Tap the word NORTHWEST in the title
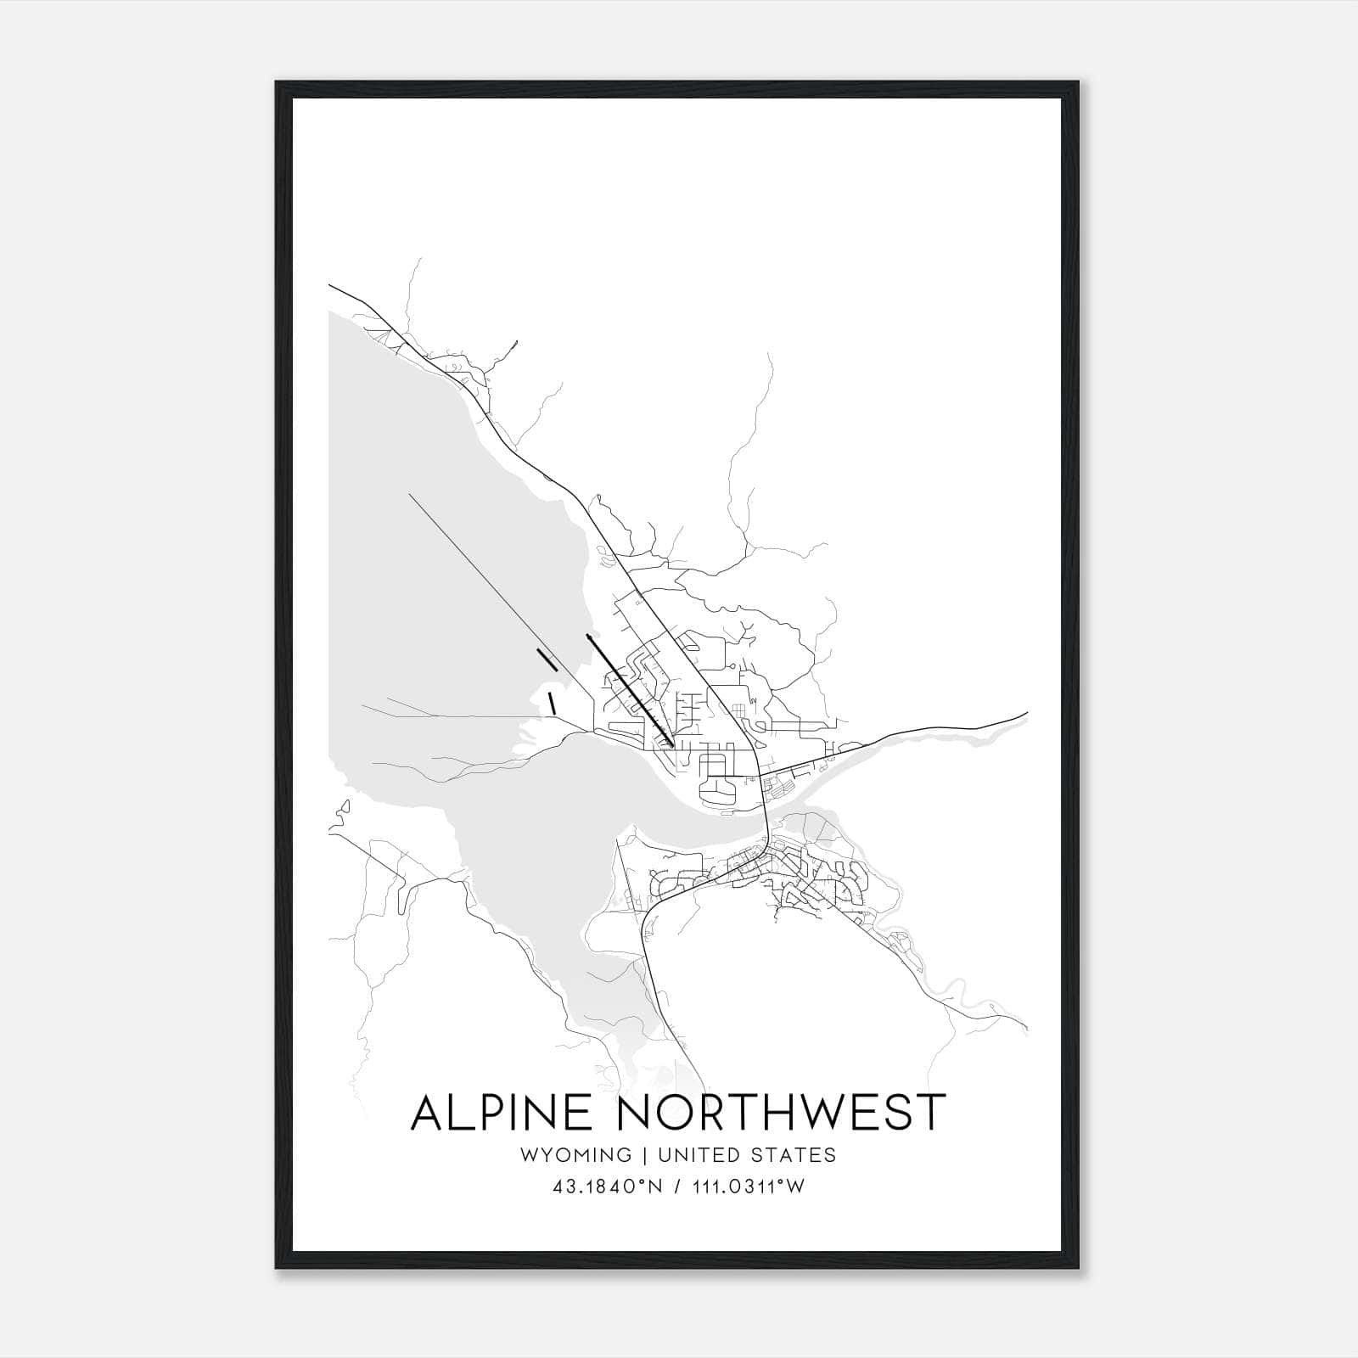[780, 1113]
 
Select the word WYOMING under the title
[576, 1154]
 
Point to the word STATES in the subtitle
[794, 1154]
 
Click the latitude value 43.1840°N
[606, 1187]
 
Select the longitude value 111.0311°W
[748, 1187]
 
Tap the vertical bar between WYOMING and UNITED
[645, 1154]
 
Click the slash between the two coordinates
[677, 1187]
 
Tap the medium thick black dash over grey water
[547, 659]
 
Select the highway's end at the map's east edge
[1026, 714]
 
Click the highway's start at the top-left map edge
[331, 287]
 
